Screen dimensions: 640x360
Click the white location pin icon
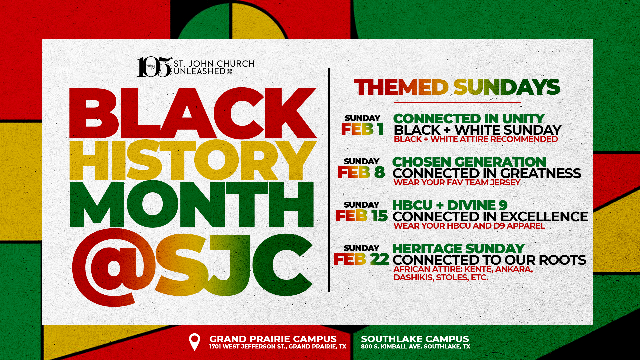click(194, 342)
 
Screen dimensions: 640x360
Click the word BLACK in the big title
click(193, 113)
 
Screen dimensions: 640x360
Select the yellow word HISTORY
click(193, 160)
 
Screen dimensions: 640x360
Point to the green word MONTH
click(192, 204)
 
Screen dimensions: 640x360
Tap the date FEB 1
click(362, 129)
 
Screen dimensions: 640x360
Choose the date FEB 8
click(361, 172)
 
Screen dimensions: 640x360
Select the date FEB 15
click(362, 216)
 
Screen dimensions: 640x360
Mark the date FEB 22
click(362, 259)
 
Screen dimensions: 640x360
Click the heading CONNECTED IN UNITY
click(469, 119)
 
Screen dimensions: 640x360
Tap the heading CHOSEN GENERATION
click(469, 162)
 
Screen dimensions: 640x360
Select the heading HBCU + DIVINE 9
click(450, 205)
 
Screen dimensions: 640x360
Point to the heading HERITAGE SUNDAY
click(458, 249)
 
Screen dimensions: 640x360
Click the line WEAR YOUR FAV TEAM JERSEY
click(457, 183)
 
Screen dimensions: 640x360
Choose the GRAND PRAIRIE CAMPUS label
click(273, 339)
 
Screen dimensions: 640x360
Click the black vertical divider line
click(329, 180)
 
